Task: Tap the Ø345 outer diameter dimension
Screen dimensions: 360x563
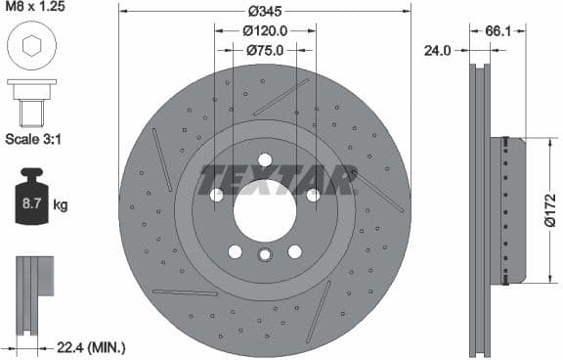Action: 265,11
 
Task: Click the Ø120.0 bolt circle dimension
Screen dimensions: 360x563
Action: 265,30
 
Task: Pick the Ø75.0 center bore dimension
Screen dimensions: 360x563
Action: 265,50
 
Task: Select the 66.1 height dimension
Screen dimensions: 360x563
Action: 498,30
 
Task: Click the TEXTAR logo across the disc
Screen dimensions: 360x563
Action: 278,180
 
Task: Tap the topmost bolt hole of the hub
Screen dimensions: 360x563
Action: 265,161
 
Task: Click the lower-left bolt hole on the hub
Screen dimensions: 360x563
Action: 235,251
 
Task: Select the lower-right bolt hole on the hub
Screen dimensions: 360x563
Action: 294,251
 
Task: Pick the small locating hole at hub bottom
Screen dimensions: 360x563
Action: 265,256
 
